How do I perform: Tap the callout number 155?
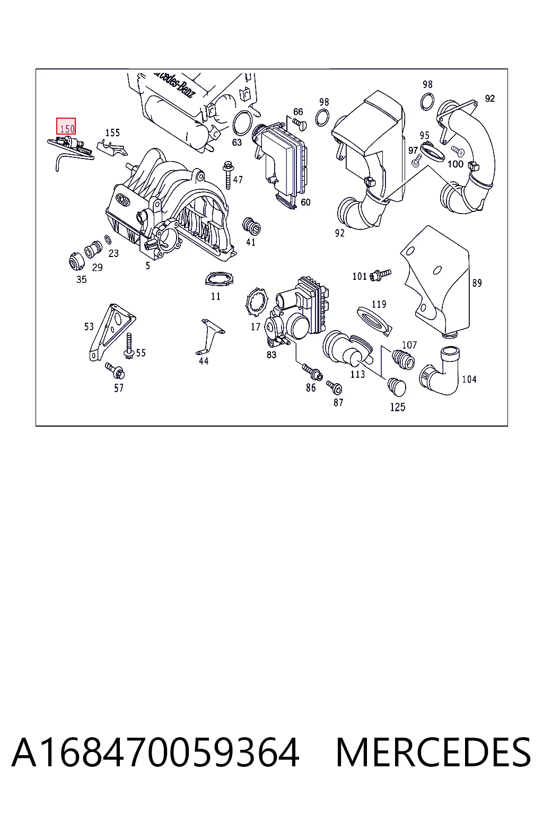112,132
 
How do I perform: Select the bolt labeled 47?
228,175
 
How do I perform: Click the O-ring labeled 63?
242,123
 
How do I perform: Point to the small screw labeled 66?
300,124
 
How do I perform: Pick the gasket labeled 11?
219,279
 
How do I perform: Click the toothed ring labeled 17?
257,302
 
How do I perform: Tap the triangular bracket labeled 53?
111,331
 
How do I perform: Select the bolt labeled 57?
115,370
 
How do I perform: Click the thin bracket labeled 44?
209,337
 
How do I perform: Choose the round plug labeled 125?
396,387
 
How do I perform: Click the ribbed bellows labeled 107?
403,359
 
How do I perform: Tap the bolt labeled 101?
380,275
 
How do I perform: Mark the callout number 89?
477,282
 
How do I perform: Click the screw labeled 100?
458,151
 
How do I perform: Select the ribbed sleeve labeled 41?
251,226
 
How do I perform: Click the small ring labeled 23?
108,240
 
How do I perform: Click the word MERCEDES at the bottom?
433,753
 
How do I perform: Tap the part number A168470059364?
156,753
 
